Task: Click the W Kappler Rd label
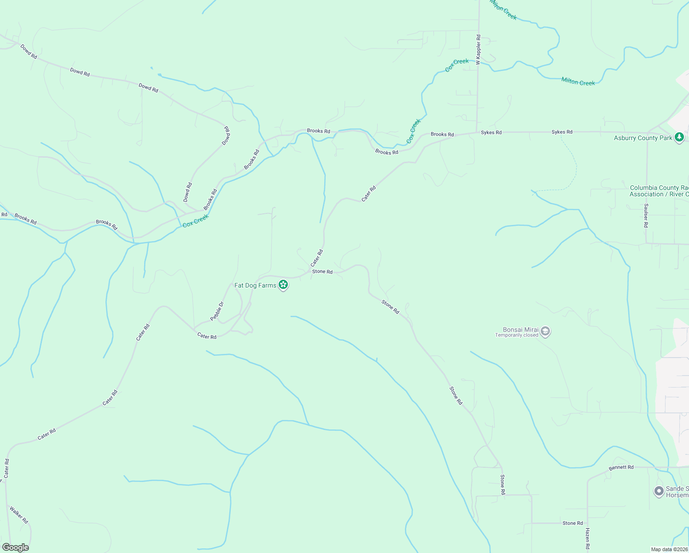(479, 49)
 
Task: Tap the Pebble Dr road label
(217, 311)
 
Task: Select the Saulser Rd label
(646, 215)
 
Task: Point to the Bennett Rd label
(621, 467)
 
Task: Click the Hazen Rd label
(587, 539)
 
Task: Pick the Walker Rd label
(19, 515)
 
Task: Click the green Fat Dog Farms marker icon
(283, 285)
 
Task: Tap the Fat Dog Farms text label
(255, 285)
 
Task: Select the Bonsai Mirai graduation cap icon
(545, 332)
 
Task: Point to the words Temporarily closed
(517, 335)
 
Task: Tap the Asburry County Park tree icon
(679, 137)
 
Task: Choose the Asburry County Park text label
(643, 138)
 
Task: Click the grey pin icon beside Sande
(659, 491)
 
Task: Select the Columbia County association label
(659, 191)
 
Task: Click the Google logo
(15, 547)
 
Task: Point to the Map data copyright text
(669, 549)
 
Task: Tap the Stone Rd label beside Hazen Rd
(572, 523)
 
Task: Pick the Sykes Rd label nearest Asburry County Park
(562, 132)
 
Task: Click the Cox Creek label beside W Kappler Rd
(457, 65)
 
